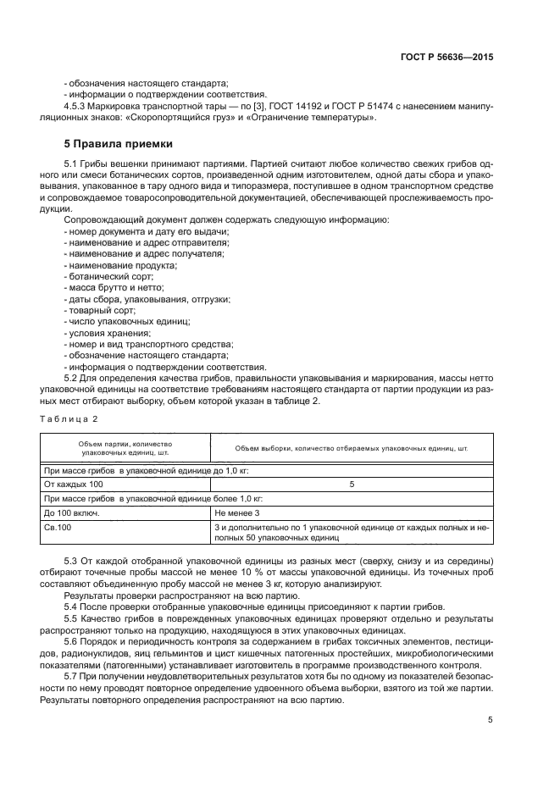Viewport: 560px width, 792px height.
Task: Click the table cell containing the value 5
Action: pyautogui.click(x=351, y=485)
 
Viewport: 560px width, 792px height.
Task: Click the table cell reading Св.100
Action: pyautogui.click(x=58, y=528)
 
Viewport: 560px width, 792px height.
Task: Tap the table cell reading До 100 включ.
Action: pyautogui.click(x=72, y=513)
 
